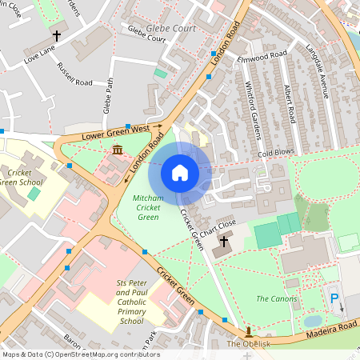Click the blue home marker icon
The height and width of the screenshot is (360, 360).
tap(180, 172)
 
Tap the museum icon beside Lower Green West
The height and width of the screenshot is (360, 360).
tap(118, 150)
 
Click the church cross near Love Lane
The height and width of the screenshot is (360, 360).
tap(57, 36)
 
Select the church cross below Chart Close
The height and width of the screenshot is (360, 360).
tap(223, 241)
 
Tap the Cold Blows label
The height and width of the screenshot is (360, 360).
tap(276, 150)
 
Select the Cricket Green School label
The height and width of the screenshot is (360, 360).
tap(25, 177)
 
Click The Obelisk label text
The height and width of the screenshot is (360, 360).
tap(244, 344)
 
